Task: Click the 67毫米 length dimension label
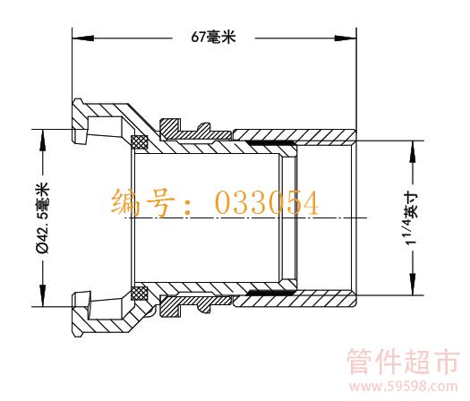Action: [x=213, y=38]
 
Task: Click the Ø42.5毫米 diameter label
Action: [x=42, y=218]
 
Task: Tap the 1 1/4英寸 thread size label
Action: [x=412, y=219]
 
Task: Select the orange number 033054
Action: [x=267, y=203]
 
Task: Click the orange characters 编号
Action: [x=142, y=202]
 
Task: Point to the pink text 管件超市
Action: [x=403, y=361]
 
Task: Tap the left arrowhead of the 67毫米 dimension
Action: [x=83, y=38]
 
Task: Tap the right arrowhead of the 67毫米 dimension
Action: [x=346, y=38]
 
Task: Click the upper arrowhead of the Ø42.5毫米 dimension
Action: [x=43, y=141]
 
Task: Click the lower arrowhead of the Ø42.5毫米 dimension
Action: [x=43, y=295]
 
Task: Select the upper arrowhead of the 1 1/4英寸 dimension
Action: [x=413, y=151]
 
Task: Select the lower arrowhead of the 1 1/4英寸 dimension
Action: [x=413, y=284]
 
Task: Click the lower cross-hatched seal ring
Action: [x=140, y=294]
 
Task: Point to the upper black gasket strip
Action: [x=271, y=143]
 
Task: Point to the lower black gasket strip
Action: [x=271, y=292]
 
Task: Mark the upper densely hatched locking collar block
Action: [x=170, y=128]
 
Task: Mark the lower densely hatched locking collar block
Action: [x=170, y=306]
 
